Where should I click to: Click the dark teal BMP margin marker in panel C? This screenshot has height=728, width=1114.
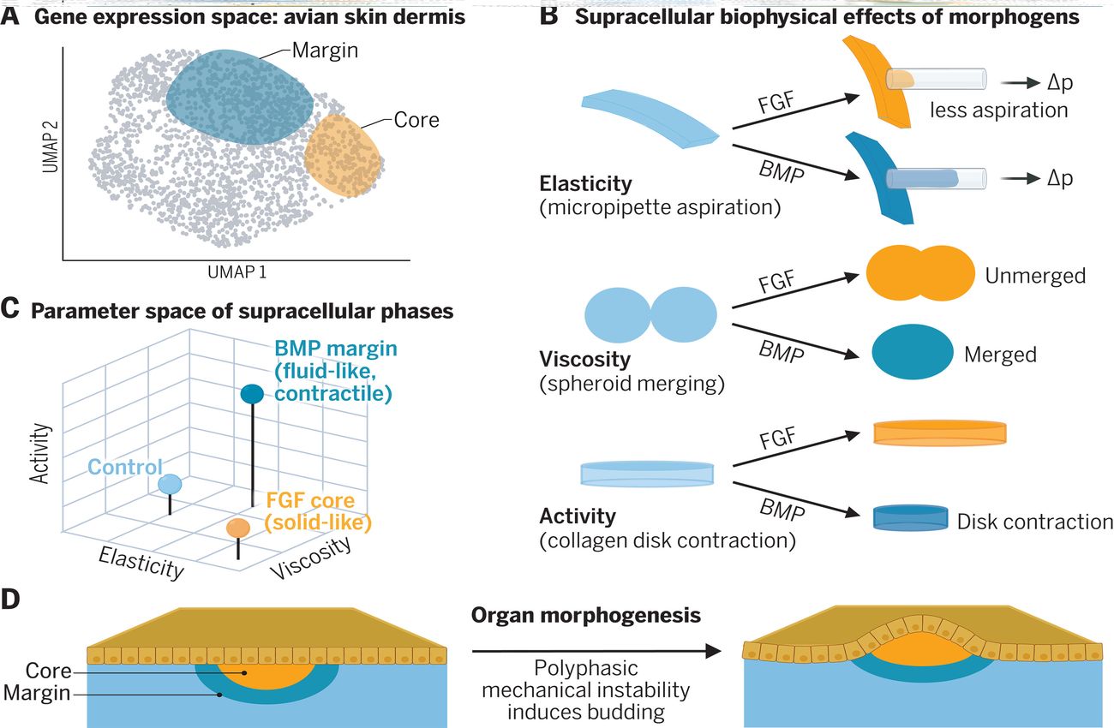[x=251, y=394]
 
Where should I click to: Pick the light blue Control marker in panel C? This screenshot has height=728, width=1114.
[x=170, y=484]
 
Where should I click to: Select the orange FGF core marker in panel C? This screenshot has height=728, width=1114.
[x=237, y=528]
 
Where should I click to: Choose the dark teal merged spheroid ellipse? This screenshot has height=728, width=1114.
[x=912, y=353]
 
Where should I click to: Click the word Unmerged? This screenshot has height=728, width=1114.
[x=1035, y=276]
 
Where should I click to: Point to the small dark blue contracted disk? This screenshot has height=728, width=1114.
[x=909, y=519]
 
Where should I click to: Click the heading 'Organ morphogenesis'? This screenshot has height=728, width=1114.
[x=586, y=616]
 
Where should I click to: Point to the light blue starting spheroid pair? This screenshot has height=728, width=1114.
[x=650, y=314]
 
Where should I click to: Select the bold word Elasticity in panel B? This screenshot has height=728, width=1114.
[x=585, y=183]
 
